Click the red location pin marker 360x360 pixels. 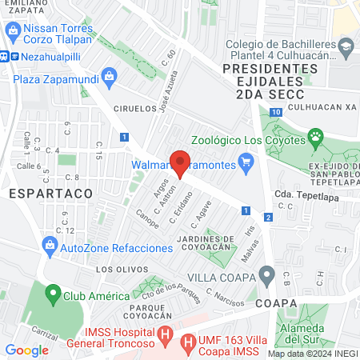pos(180,162)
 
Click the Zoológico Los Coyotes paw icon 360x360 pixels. pos(317,137)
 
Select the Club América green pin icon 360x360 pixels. pos(54,294)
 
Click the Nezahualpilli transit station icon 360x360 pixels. pos(4,57)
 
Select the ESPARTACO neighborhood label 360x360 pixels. pos(38,193)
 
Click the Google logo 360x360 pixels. pos(27,350)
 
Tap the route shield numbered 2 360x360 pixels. pos(268,217)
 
